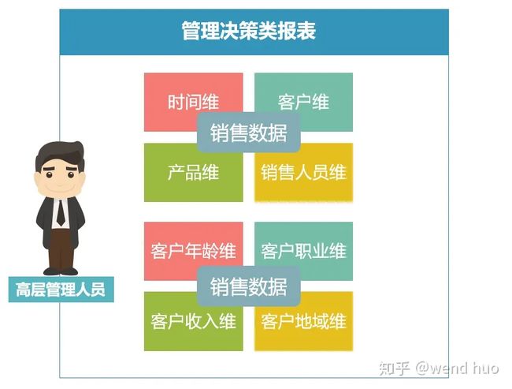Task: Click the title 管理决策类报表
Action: click(x=248, y=31)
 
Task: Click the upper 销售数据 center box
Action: click(x=248, y=133)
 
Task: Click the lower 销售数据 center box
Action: click(x=248, y=286)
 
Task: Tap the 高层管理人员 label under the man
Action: click(x=61, y=290)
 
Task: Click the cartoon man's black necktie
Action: click(x=61, y=213)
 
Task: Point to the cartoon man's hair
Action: click(x=60, y=154)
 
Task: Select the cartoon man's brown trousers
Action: click(x=61, y=249)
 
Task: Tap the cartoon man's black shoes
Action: click(x=61, y=271)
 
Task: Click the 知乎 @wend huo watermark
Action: click(x=439, y=368)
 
